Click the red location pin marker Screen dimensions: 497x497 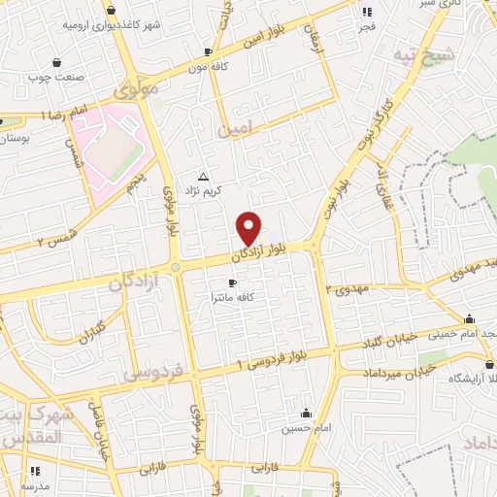(x=249, y=228)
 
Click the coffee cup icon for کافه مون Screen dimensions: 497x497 (x=208, y=51)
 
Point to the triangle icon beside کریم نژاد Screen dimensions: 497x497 (x=203, y=177)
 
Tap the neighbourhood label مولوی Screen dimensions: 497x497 (x=135, y=89)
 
